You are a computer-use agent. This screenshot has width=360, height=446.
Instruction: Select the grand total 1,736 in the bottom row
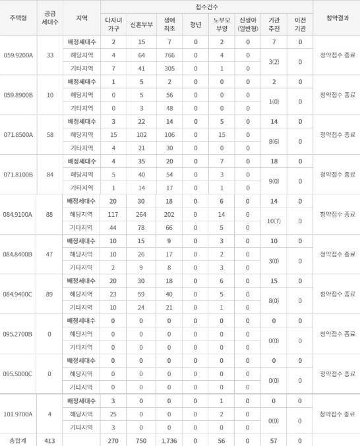click(x=169, y=439)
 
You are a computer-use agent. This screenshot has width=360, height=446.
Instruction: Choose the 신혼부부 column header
click(x=140, y=26)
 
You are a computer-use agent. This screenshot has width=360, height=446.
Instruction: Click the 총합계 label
click(x=16, y=439)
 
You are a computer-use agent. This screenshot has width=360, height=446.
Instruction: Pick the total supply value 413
click(x=49, y=439)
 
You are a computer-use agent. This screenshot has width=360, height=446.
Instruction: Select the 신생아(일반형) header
click(x=248, y=26)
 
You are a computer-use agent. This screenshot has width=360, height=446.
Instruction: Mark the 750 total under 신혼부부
click(x=140, y=439)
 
